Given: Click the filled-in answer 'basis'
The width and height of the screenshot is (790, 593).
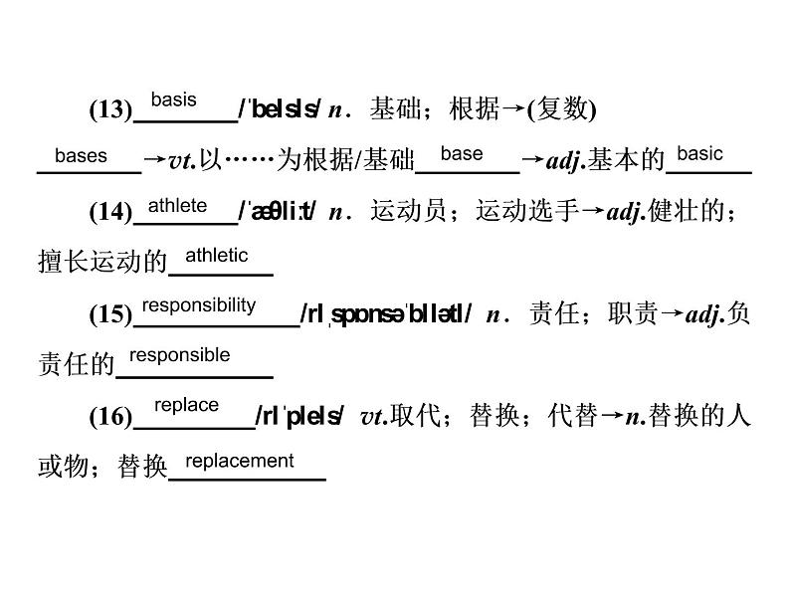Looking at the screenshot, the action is click(173, 100).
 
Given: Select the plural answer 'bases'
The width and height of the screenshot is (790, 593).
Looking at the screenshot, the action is click(81, 156).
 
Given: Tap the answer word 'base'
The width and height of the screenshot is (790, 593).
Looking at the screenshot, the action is click(461, 154).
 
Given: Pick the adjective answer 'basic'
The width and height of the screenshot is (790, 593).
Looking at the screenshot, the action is click(699, 154).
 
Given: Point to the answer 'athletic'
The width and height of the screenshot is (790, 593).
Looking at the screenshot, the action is click(217, 256).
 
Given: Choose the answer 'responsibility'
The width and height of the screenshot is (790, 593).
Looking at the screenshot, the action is click(198, 305).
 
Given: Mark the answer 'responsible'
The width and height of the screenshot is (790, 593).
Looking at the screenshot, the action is click(180, 355).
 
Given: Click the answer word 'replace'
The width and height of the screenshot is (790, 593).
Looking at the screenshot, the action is click(186, 405).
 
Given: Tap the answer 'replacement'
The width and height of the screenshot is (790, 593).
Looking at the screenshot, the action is click(240, 461).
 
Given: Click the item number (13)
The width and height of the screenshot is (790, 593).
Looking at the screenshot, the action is click(110, 110).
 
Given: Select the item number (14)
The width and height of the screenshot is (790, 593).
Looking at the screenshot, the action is click(110, 212).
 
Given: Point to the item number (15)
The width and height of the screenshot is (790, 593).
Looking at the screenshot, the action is click(110, 315).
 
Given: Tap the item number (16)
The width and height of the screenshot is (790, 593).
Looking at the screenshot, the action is click(110, 417).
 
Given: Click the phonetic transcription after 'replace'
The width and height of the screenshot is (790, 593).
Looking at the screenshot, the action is click(299, 417).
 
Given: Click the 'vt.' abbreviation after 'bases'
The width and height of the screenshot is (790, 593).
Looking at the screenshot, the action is click(180, 161).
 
